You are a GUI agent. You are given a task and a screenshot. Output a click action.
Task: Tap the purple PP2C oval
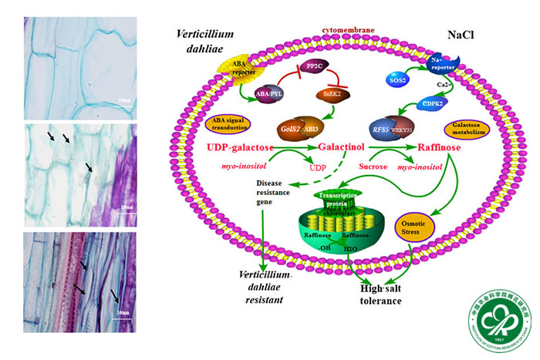pos(315,68)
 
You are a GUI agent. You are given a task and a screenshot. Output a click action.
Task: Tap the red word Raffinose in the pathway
pos(444,148)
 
